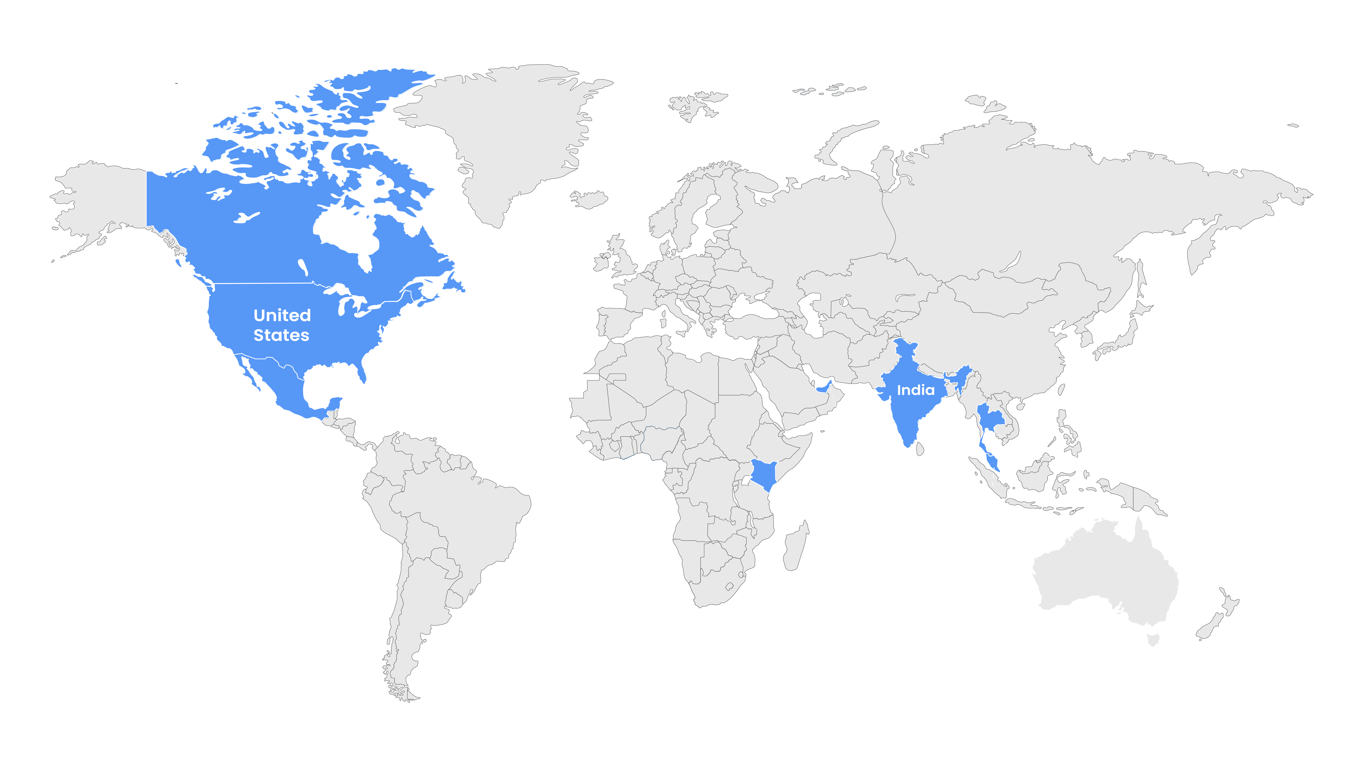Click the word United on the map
[x=282, y=315]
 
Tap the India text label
[x=915, y=390]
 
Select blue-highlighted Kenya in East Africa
[x=763, y=474]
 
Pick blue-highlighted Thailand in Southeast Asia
[x=988, y=418]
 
